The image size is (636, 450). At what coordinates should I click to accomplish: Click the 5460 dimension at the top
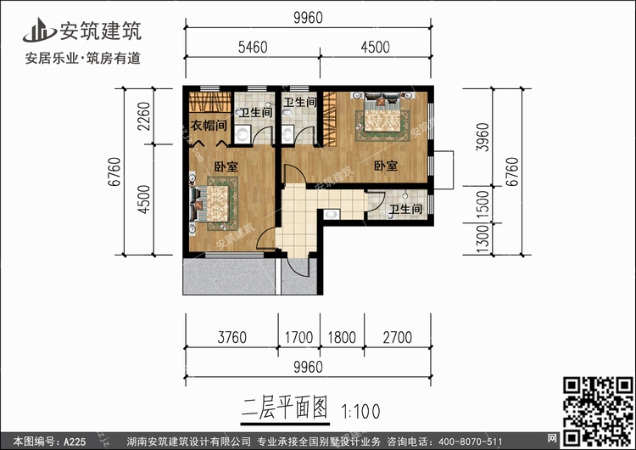(x=253, y=47)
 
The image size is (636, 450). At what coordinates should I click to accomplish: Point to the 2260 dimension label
(x=143, y=116)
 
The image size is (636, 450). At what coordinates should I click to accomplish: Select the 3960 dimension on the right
(x=483, y=137)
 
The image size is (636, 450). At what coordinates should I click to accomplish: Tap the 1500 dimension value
(x=483, y=205)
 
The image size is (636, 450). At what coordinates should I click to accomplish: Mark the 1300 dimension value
(x=483, y=239)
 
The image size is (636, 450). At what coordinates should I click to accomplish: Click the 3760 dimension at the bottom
(x=232, y=337)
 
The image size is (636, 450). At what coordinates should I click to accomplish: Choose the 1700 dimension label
(x=298, y=337)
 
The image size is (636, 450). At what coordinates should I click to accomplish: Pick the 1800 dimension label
(x=342, y=337)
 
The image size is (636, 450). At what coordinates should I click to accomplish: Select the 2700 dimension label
(x=398, y=337)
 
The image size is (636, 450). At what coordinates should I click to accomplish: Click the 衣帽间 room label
(x=209, y=126)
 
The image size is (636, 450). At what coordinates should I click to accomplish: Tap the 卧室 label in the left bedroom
(x=226, y=166)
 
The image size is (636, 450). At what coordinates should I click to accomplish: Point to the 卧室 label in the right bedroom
(x=386, y=166)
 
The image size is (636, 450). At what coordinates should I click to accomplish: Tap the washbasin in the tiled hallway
(x=332, y=214)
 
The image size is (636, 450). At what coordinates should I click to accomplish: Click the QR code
(x=599, y=412)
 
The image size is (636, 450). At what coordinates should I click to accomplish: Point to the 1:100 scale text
(x=360, y=412)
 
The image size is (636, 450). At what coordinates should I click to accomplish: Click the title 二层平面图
(x=285, y=408)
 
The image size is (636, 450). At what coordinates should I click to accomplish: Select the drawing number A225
(x=75, y=442)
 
